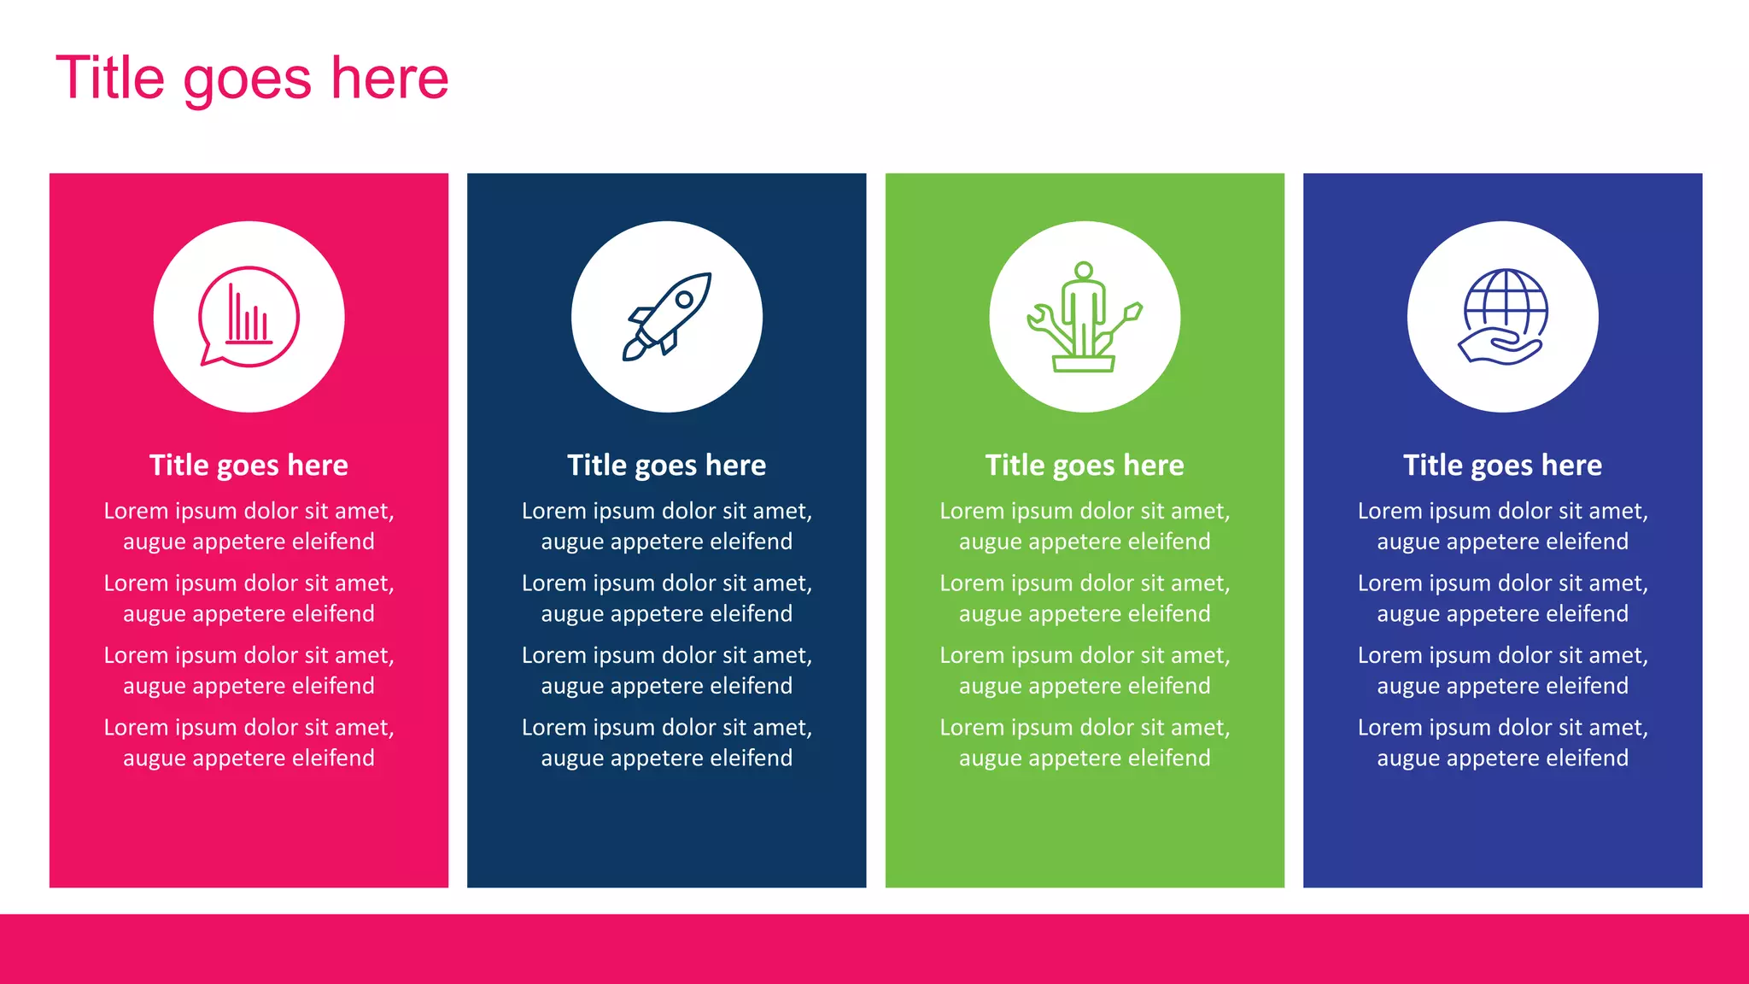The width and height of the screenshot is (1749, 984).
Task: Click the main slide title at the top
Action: pos(252,79)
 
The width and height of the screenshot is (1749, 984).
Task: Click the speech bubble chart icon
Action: pos(249,317)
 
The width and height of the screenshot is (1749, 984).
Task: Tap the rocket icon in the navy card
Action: pos(667,317)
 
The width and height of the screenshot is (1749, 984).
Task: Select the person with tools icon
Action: pos(1085,317)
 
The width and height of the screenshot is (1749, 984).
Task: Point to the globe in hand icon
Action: pos(1503,317)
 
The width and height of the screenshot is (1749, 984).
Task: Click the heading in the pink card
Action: pos(249,466)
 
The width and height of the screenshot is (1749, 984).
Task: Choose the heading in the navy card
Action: pos(667,466)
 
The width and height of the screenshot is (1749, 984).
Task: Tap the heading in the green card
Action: pos(1085,466)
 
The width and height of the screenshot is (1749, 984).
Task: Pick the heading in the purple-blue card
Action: pos(1503,466)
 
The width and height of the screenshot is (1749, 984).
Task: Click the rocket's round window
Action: pos(684,300)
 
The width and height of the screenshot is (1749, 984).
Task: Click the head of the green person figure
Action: pos(1084,271)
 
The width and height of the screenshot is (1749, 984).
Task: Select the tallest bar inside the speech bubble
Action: pos(231,313)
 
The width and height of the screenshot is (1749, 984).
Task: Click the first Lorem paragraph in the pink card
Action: pos(249,526)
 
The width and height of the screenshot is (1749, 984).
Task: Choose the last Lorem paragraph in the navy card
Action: pos(667,742)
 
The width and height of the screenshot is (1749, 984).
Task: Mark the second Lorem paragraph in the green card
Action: pos(1085,598)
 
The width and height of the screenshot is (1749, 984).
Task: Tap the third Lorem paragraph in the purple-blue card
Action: pos(1503,671)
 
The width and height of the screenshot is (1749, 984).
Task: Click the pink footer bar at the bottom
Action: pos(874,948)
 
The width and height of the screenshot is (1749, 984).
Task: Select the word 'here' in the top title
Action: pos(389,79)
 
